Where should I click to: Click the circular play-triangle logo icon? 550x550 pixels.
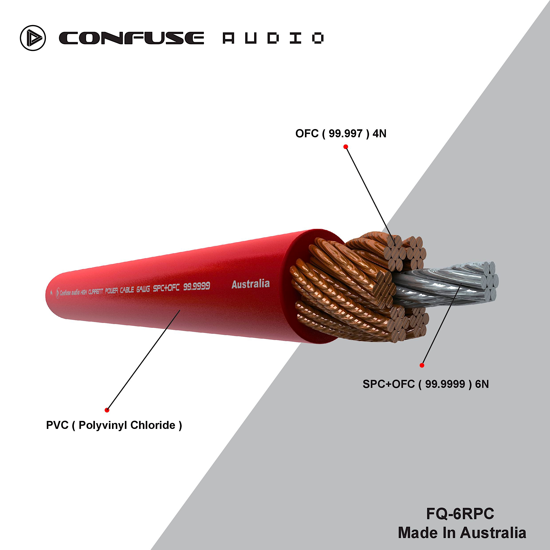33,38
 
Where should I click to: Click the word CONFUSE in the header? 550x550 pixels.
131,38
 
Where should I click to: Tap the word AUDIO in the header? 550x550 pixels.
273,38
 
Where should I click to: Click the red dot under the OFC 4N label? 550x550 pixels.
346,147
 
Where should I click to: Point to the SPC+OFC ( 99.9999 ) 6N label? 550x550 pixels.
425,384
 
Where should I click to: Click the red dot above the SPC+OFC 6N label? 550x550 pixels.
422,365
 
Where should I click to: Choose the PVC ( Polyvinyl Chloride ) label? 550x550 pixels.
114,425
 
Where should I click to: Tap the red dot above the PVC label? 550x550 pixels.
107,410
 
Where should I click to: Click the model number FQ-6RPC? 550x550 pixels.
460,514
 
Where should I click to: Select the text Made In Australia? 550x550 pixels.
462,532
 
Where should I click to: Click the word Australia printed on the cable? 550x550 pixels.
251,284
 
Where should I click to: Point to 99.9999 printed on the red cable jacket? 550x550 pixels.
196,286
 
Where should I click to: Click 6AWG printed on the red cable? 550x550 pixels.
143,289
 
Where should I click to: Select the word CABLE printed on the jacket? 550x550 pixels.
127,290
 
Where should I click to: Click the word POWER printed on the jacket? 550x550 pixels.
111,291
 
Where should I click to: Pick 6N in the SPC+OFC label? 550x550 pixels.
482,384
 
